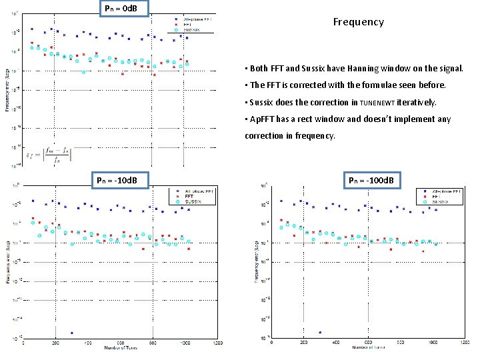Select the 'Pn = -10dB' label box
117,180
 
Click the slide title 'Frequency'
359,22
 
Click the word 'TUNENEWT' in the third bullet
377,103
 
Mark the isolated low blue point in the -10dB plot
71,332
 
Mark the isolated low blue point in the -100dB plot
320,332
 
